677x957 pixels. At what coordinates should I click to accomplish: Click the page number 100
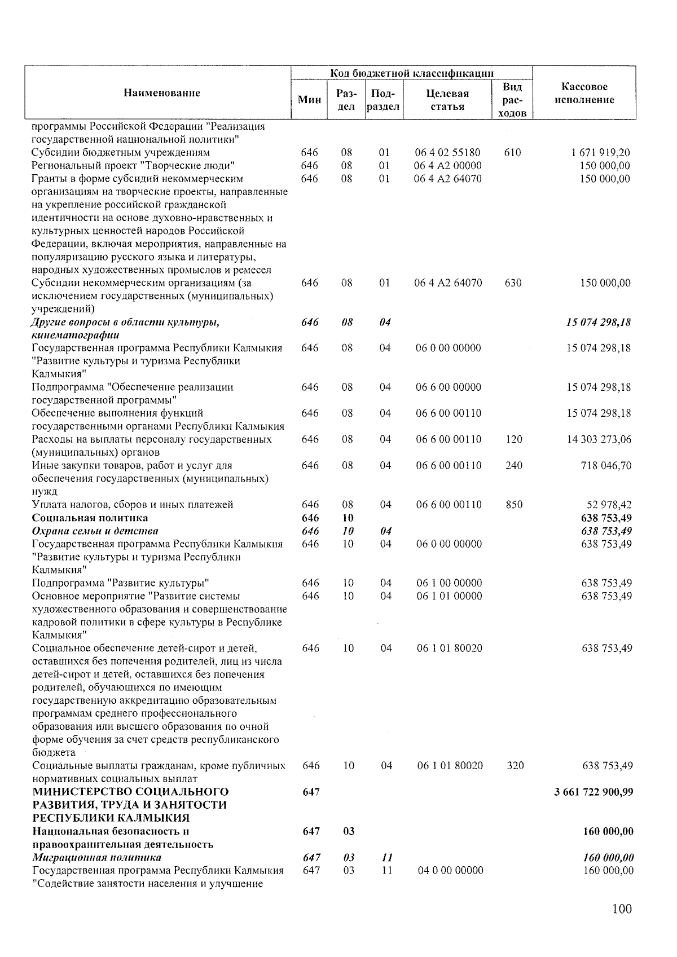pos(622,909)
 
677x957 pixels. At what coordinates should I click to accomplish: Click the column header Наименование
pos(162,93)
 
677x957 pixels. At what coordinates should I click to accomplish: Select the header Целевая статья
pos(447,100)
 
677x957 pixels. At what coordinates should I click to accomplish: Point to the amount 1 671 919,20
pos(600,153)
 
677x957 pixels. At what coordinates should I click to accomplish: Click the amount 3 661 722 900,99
pos(594,792)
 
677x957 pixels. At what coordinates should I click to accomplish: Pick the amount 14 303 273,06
pos(599,439)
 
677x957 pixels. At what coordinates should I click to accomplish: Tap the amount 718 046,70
pos(603,465)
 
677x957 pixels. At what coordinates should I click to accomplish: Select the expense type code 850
pos(513,505)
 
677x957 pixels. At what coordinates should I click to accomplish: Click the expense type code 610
pos(512,153)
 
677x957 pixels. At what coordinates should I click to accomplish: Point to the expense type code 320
pos(515,766)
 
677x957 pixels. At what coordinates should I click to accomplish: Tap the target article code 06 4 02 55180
pos(447,153)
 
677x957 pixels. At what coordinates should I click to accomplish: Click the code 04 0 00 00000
pos(450,870)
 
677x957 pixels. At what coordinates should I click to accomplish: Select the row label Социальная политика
pos(90,518)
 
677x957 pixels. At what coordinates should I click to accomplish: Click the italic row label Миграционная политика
pos(96,858)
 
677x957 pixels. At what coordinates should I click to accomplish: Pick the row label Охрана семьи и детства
pos(95,531)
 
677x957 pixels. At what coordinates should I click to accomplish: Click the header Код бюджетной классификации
pos(412,73)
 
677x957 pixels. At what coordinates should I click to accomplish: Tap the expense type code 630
pos(513,283)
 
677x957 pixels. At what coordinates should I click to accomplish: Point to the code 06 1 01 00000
pos(449,596)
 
